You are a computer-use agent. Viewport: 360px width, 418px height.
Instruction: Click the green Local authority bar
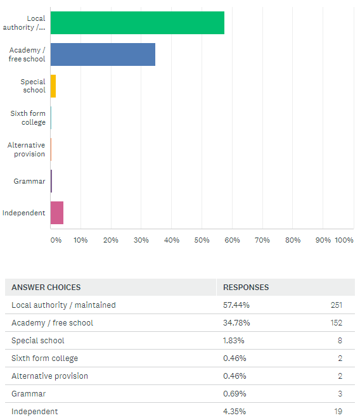click(x=138, y=23)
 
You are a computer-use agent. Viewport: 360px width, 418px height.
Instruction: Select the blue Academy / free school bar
click(x=103, y=54)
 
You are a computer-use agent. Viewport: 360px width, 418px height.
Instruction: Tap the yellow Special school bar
click(x=53, y=86)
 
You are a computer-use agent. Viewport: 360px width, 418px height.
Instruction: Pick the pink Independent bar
click(x=57, y=213)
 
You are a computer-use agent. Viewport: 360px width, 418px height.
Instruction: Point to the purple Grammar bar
click(x=51, y=181)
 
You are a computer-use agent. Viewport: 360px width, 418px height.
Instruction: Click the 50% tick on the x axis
click(x=202, y=240)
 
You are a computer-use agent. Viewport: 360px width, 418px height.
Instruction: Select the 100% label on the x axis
click(x=344, y=240)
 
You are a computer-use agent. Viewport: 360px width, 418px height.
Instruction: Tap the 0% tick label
click(x=56, y=240)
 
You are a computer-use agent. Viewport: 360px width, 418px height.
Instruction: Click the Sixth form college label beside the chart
click(x=28, y=118)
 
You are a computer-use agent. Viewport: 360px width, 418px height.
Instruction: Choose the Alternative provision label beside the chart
click(x=26, y=149)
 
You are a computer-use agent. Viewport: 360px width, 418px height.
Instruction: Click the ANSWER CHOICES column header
click(x=46, y=288)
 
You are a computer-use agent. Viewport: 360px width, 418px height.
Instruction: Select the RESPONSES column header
click(x=246, y=288)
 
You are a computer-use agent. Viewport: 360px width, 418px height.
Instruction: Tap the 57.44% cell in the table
click(x=236, y=305)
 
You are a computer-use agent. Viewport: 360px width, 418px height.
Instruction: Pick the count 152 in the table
click(x=337, y=323)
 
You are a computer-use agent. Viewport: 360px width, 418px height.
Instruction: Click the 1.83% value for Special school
click(x=234, y=341)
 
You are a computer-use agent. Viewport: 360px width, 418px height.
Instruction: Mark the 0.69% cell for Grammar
click(x=235, y=394)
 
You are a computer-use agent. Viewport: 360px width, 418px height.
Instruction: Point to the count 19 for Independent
click(x=338, y=411)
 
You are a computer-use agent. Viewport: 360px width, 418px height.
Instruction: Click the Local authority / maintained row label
click(x=63, y=305)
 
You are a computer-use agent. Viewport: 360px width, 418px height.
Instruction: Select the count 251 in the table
click(x=337, y=305)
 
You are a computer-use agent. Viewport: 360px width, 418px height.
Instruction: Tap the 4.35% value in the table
click(x=235, y=411)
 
